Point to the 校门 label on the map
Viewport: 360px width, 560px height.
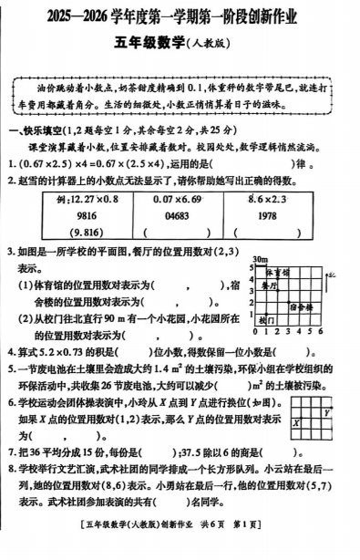tap(265, 321)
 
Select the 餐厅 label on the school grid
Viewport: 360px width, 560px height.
tap(267, 285)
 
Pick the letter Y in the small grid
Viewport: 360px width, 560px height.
tap(325, 411)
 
